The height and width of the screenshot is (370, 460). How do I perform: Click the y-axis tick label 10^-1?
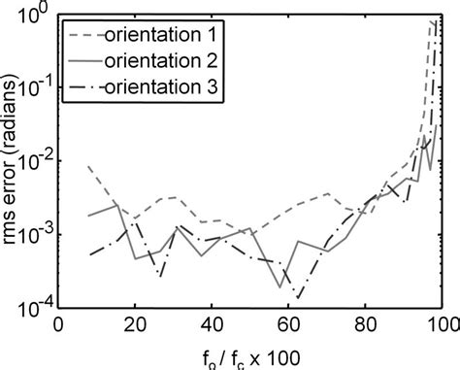35,87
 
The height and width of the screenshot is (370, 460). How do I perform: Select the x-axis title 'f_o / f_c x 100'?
250,354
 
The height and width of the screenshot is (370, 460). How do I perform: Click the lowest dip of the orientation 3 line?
300,297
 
